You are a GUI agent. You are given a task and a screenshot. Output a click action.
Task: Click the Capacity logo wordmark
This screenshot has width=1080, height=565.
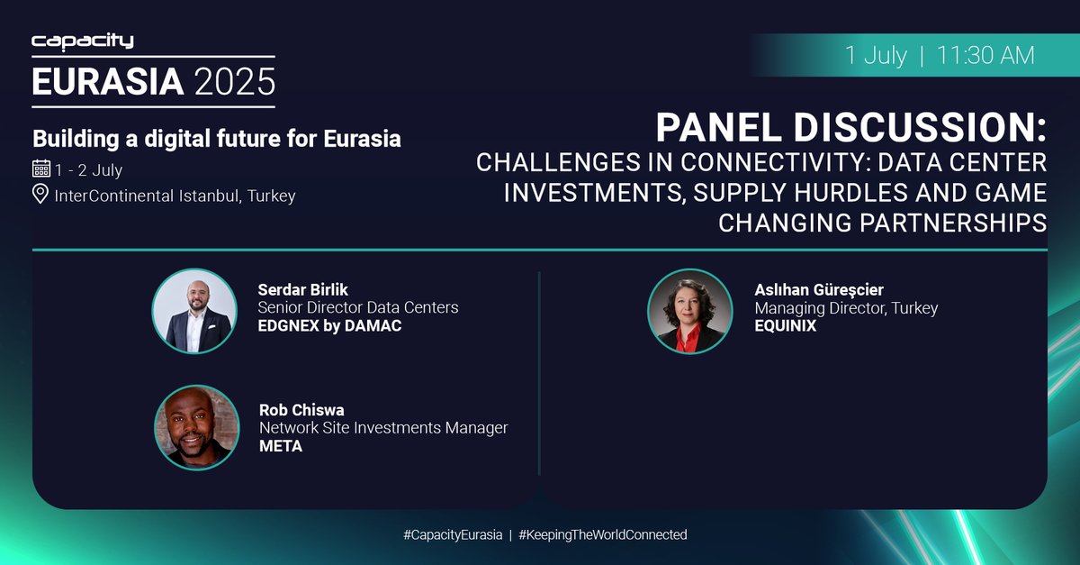tap(82, 41)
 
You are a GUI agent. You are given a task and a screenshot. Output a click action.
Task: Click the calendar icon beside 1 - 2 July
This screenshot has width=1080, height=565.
tap(40, 169)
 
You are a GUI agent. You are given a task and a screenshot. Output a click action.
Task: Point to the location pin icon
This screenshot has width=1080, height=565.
tap(40, 195)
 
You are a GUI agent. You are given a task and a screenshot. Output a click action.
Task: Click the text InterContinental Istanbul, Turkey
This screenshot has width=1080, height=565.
tap(175, 195)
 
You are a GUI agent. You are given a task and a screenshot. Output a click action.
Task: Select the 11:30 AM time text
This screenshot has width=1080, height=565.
tap(985, 55)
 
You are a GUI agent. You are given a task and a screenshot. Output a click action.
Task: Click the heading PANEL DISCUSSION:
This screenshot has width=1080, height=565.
tap(850, 129)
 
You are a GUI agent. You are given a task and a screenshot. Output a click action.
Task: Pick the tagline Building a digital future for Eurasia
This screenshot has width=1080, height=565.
tap(217, 139)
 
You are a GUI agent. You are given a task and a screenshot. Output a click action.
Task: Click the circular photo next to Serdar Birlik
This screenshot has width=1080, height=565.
tap(193, 311)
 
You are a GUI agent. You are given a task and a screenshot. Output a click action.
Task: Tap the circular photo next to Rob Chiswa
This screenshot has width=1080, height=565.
tap(193, 428)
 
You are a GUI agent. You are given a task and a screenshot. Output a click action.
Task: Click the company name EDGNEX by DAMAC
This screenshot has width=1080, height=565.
tap(329, 325)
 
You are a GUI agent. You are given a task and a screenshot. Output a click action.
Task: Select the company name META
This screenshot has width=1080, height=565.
tap(281, 445)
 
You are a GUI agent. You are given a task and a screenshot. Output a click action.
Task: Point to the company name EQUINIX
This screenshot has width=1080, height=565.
tap(785, 325)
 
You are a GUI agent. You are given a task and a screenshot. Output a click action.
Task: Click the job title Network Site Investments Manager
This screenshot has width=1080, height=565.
tap(383, 427)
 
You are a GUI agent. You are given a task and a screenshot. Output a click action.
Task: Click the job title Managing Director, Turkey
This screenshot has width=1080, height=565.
tap(846, 308)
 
